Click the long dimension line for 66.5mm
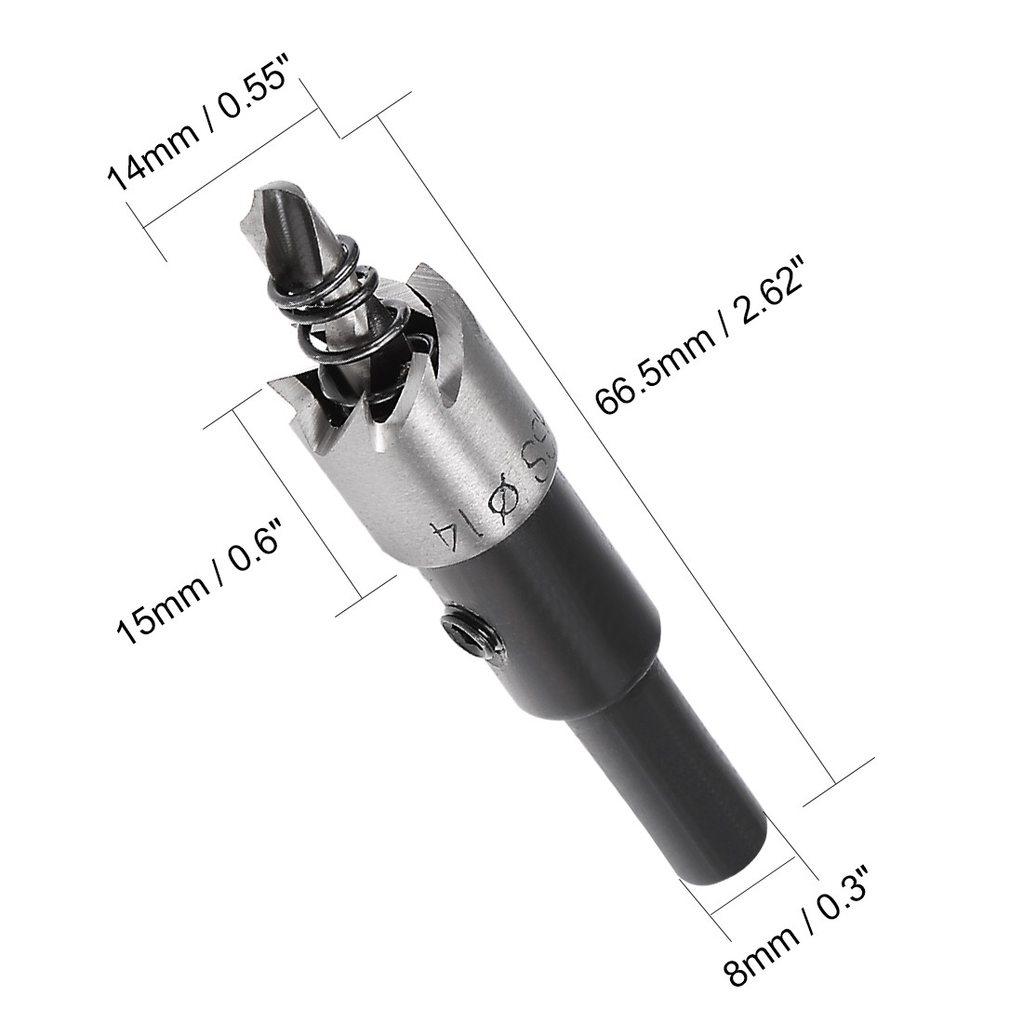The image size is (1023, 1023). click(x=604, y=446)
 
